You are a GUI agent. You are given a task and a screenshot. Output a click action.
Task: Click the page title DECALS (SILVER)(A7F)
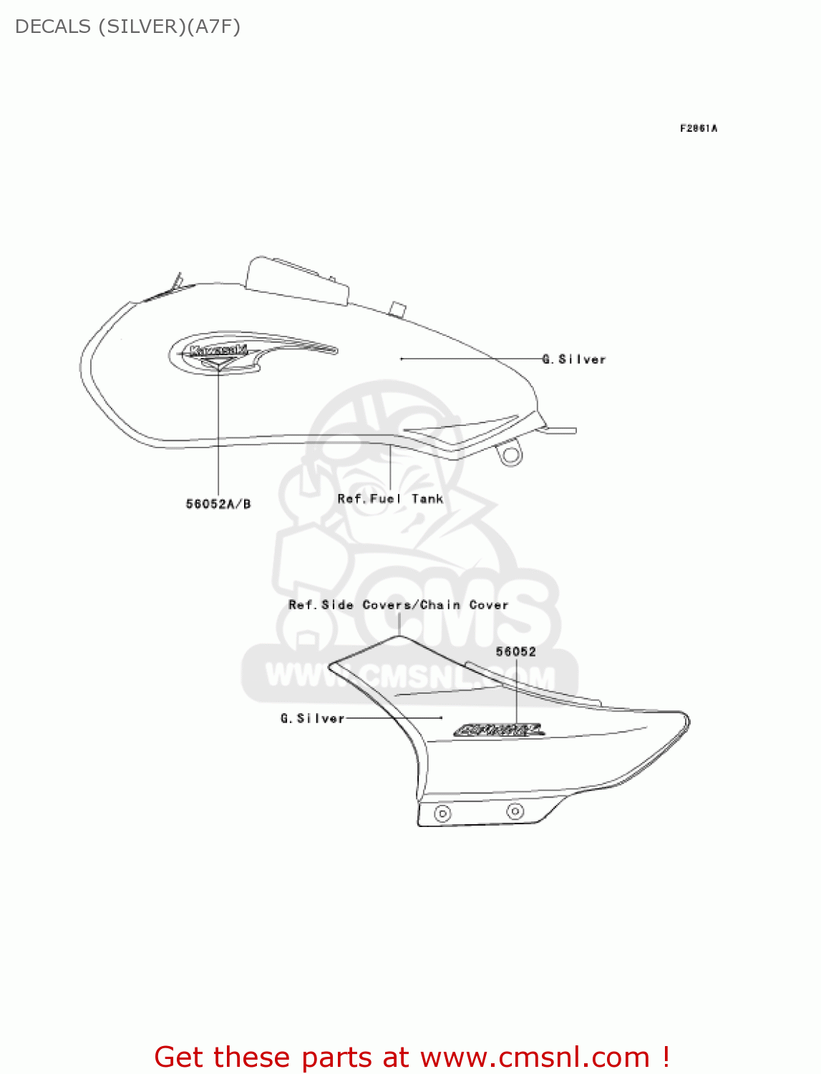(x=127, y=26)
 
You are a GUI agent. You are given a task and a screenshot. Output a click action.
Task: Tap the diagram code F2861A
(x=698, y=128)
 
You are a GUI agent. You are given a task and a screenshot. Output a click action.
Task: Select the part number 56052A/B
(x=218, y=504)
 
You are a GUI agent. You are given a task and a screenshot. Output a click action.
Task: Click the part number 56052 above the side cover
(x=515, y=652)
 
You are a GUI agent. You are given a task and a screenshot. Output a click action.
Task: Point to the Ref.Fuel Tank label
(x=390, y=499)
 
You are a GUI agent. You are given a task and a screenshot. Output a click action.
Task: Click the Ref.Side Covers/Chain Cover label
(x=398, y=605)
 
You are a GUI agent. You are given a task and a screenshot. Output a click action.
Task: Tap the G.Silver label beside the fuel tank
(x=574, y=359)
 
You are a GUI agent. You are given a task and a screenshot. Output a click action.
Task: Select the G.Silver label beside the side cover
(x=312, y=718)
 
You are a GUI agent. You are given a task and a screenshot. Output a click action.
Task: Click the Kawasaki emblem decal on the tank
(x=219, y=352)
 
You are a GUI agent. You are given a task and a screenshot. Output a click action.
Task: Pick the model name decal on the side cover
(x=499, y=730)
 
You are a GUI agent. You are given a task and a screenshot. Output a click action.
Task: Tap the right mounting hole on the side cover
(x=515, y=811)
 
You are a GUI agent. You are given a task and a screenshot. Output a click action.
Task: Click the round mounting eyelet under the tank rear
(x=510, y=455)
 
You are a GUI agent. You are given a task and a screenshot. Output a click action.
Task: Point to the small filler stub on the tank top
(x=397, y=310)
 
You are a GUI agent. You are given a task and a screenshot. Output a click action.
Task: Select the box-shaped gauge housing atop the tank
(x=296, y=281)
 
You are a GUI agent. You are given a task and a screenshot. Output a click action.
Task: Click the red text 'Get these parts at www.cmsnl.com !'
(x=412, y=1057)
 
